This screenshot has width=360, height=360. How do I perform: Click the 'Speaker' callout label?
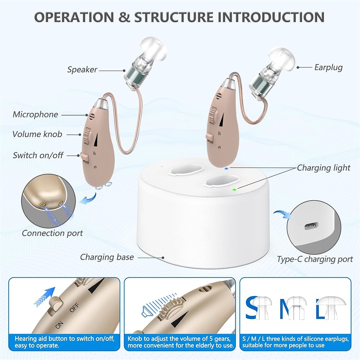coord(82,69)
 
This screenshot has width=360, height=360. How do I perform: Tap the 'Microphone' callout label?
coord(35,114)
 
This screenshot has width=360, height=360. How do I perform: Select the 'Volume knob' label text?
coord(37,134)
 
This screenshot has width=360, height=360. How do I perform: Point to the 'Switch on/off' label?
coord(38,155)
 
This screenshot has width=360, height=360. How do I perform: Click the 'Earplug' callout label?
coord(328,68)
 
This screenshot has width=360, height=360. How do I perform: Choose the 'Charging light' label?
coord(324,168)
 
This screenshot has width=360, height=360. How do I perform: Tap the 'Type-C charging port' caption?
coord(315,259)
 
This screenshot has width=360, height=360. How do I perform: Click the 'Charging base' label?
coord(107,257)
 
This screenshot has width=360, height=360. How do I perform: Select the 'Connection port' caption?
coord(52,233)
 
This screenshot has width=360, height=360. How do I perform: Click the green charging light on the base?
coord(234,190)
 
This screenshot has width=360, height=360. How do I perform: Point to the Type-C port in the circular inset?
coord(311,226)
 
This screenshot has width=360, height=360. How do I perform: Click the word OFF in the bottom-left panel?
coord(74,307)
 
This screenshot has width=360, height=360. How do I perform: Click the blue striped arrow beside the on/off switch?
coord(45,297)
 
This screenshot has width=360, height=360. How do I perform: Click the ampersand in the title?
coord(124,17)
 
